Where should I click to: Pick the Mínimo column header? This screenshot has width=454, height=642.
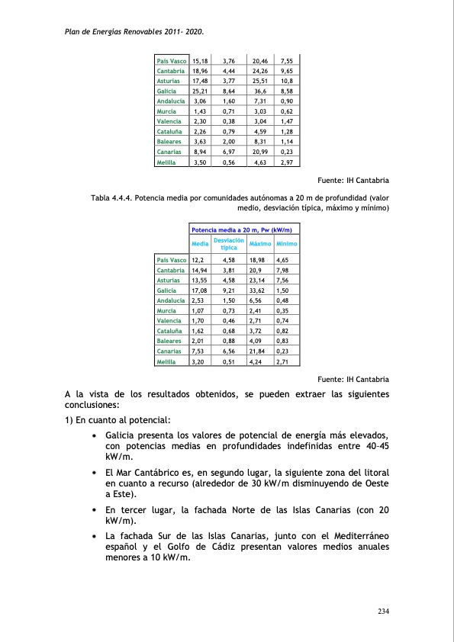288,244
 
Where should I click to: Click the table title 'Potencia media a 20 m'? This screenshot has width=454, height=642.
244,229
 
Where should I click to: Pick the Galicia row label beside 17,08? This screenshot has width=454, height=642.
167,291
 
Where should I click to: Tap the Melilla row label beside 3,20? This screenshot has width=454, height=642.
167,363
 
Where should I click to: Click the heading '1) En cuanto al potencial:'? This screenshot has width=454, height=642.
117,421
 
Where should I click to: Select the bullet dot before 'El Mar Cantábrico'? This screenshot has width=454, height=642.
93,473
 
